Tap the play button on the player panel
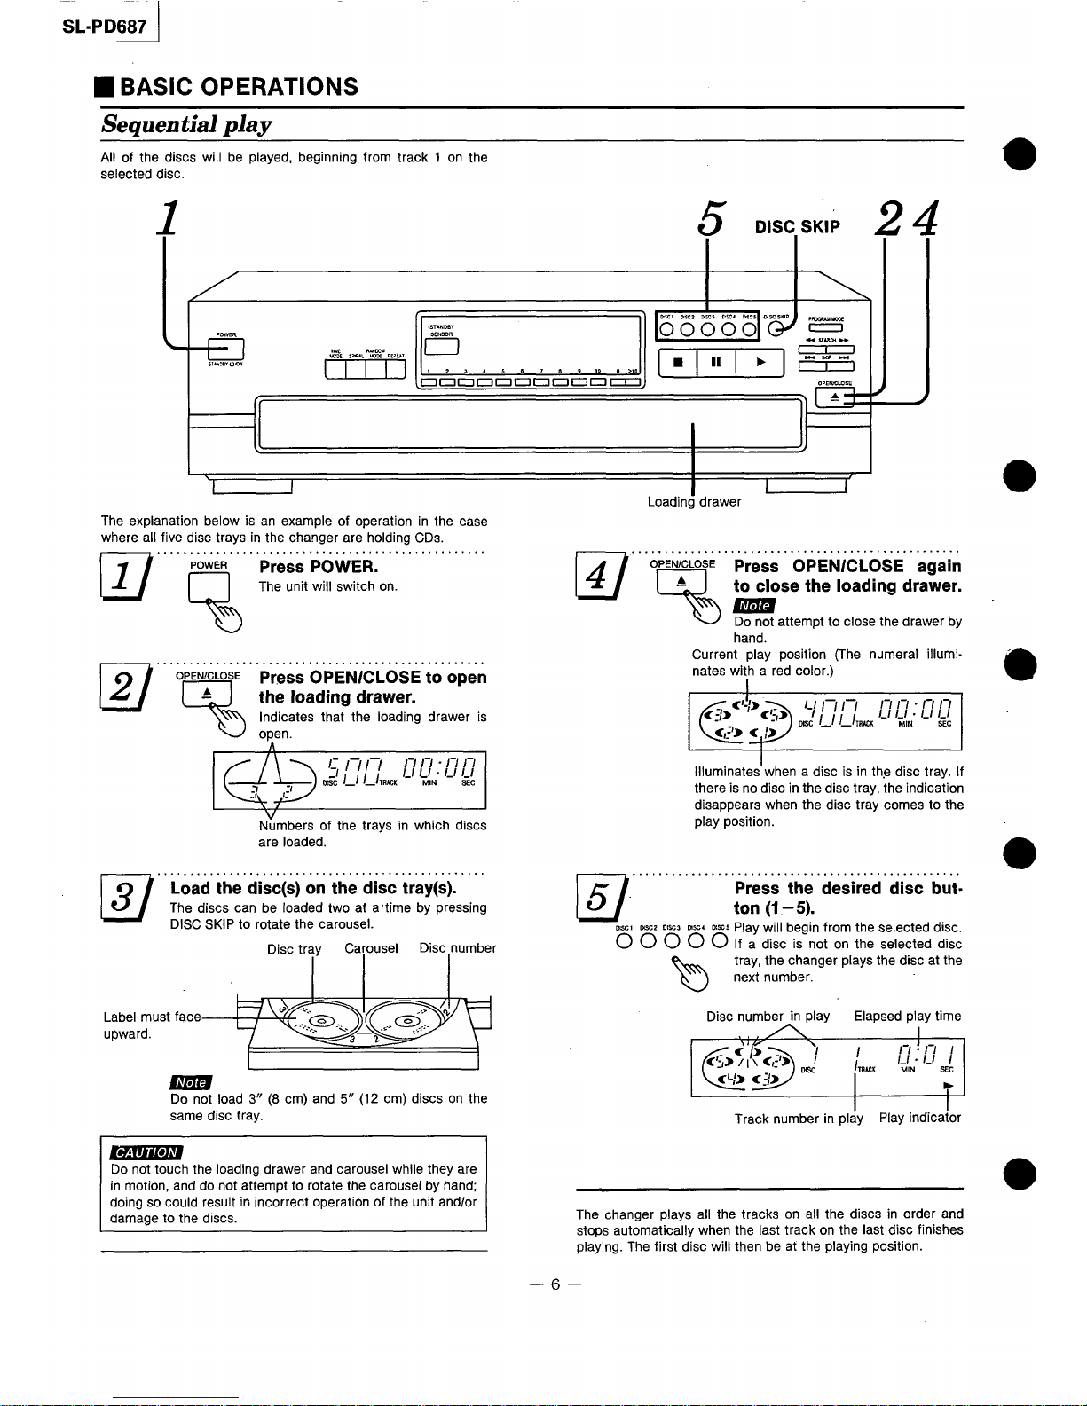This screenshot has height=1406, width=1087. point(760,362)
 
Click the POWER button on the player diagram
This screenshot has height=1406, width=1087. point(226,348)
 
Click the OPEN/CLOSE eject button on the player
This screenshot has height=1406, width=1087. point(834,398)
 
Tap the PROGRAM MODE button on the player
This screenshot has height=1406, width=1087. point(825,330)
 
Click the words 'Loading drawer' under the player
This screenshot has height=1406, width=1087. point(694,502)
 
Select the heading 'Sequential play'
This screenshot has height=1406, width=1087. point(186,124)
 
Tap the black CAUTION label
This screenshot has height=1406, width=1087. point(145,1152)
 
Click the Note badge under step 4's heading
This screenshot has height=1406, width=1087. point(753,605)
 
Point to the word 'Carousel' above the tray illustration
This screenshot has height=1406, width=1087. point(371,948)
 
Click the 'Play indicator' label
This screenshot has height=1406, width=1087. point(919,1118)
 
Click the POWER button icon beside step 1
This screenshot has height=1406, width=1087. point(209,588)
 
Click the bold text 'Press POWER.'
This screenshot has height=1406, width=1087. point(318,567)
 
